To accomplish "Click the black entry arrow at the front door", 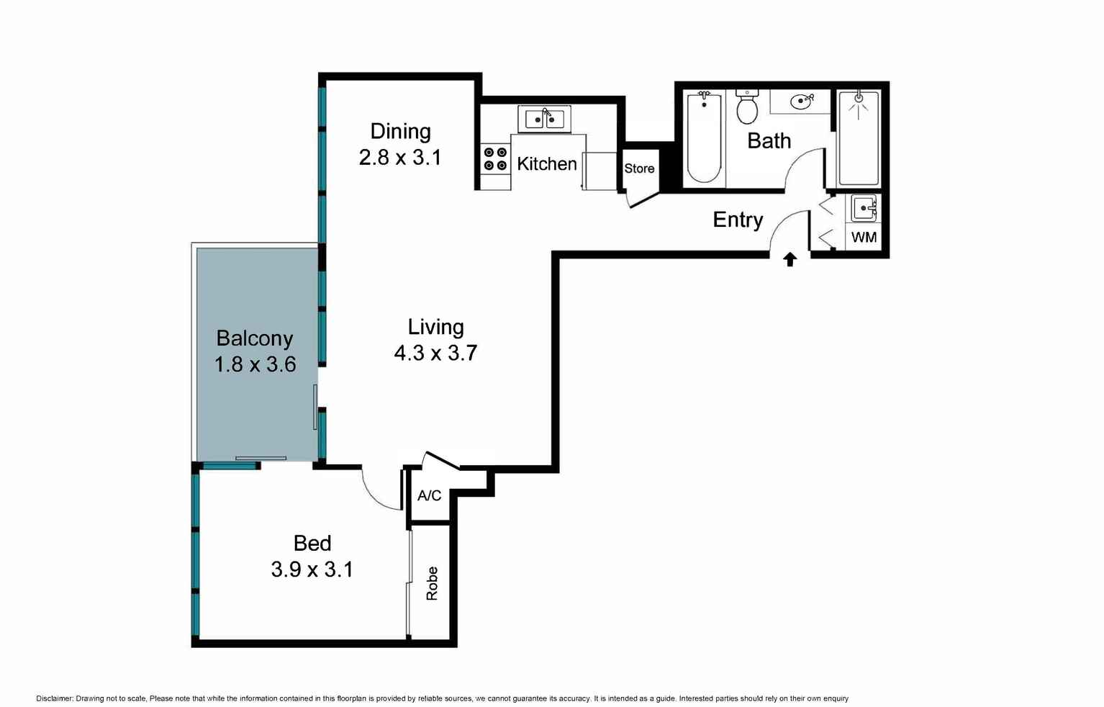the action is (x=790, y=259).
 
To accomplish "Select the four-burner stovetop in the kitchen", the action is (x=495, y=159).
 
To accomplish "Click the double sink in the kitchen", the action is (x=544, y=119).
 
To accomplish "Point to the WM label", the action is (x=864, y=237).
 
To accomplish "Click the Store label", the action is (x=639, y=168).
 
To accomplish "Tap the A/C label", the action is (x=429, y=495).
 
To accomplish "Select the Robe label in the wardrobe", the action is (x=432, y=584).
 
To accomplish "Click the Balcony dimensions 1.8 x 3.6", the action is (x=255, y=364).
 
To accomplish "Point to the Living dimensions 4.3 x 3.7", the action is (x=435, y=353).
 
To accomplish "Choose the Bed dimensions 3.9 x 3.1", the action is (x=312, y=569).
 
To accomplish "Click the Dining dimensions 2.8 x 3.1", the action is (x=400, y=157).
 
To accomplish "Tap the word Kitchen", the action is (x=546, y=163).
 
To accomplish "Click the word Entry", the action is (x=738, y=220).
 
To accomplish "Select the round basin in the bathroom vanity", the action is (x=800, y=102).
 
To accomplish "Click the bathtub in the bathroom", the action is (x=705, y=138).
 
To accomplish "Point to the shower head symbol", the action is (x=859, y=103).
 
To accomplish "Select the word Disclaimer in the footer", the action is (x=54, y=698).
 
